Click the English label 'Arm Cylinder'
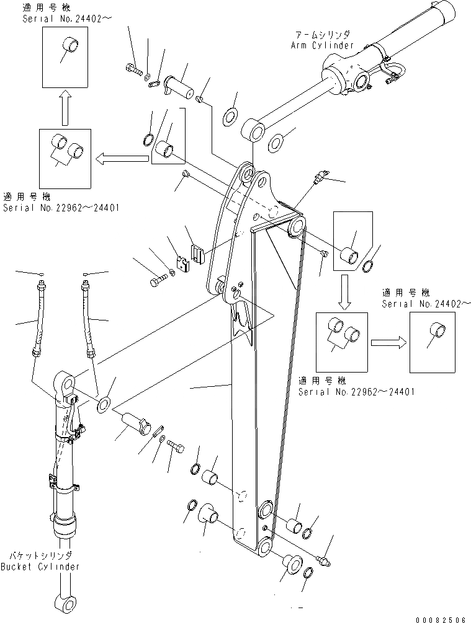point(322,45)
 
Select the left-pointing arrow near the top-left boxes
point(121,160)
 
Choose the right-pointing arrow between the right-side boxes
point(388,342)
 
